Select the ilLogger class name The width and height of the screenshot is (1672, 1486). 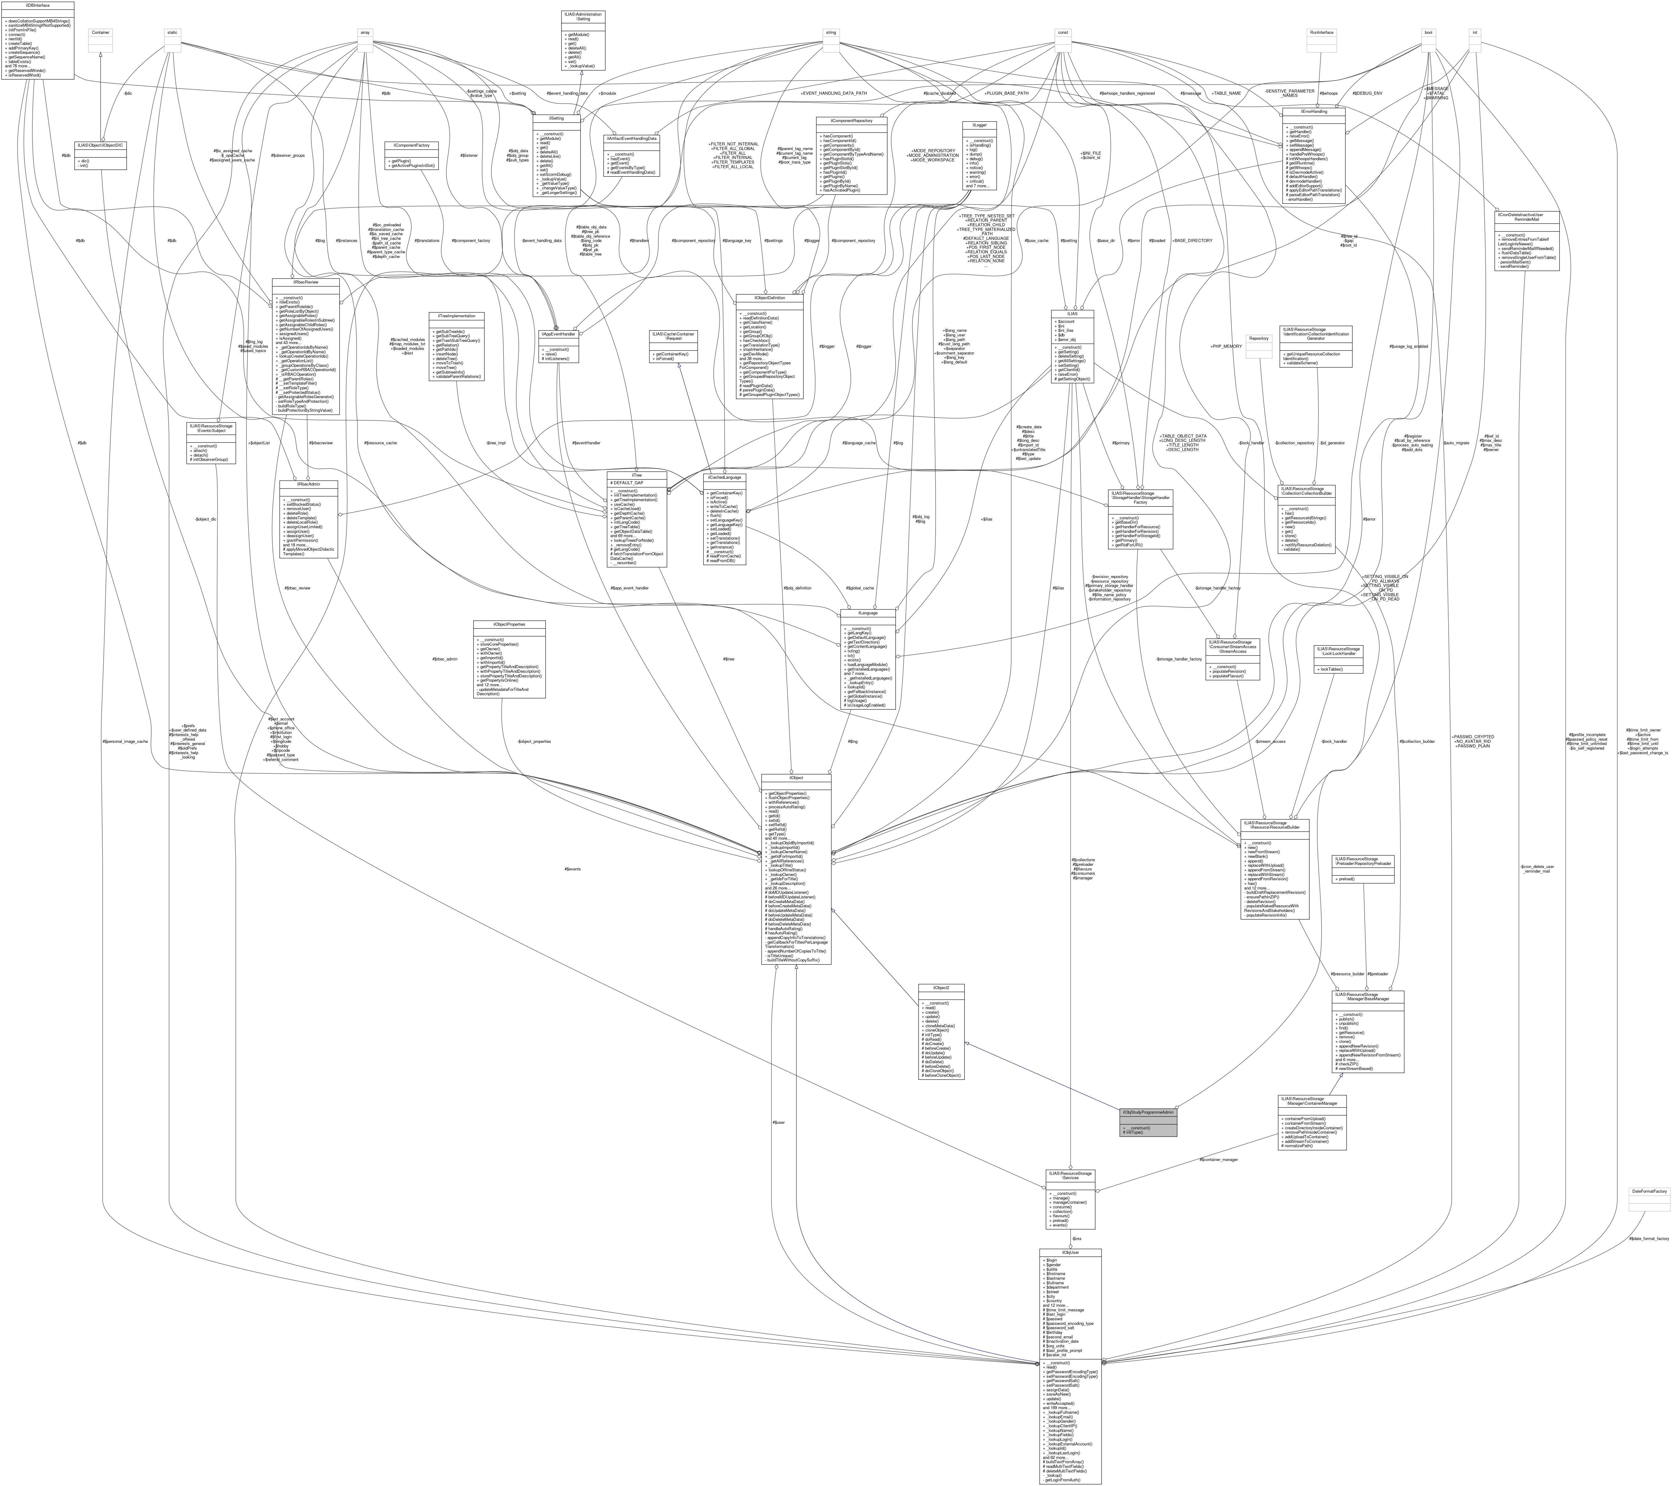[979, 125]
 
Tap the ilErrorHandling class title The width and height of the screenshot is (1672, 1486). [1317, 111]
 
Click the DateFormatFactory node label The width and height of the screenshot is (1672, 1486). [1648, 1191]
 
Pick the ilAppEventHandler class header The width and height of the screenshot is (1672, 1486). [559, 334]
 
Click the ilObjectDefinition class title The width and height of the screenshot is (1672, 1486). [770, 298]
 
